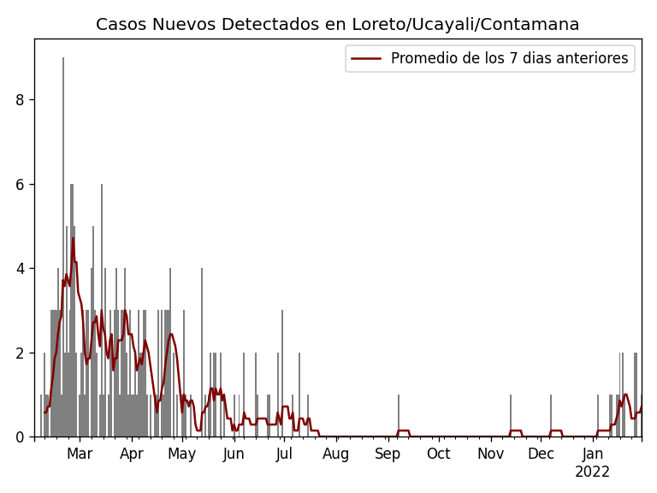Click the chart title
click(x=337, y=25)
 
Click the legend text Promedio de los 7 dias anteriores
click(x=509, y=58)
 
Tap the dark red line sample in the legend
click(x=367, y=58)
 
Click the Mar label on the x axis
click(x=80, y=454)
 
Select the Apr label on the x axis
click(x=132, y=454)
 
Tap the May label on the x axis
click(x=181, y=454)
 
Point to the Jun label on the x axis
click(x=234, y=454)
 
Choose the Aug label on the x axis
click(x=336, y=454)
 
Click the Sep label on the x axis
click(x=388, y=454)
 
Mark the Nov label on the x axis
click(x=490, y=454)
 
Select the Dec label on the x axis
click(x=541, y=454)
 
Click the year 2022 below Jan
click(x=592, y=472)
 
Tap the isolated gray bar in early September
click(x=398, y=416)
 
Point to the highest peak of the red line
click(x=73, y=238)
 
